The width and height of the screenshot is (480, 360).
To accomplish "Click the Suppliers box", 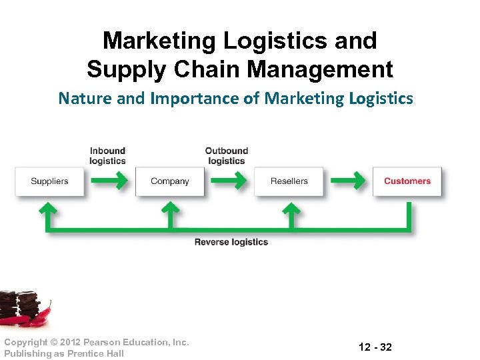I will click(x=50, y=181).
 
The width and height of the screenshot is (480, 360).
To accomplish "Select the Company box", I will click(x=169, y=181).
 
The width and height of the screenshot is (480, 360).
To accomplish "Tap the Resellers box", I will click(x=289, y=181).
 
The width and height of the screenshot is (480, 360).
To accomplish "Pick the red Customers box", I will click(x=407, y=181).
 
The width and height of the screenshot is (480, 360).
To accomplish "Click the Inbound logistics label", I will click(x=107, y=156).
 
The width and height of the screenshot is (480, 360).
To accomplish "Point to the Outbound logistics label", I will click(x=226, y=156).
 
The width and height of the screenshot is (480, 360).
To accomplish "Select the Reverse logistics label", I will click(x=231, y=242).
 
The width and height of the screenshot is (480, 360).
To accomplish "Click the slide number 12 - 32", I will click(x=375, y=347).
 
